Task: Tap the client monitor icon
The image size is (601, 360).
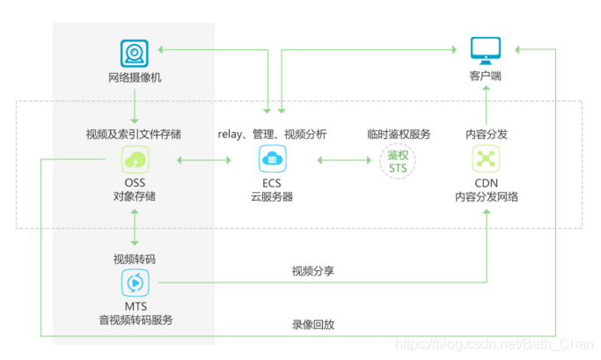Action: (x=485, y=50)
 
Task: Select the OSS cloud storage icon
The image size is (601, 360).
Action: (x=135, y=159)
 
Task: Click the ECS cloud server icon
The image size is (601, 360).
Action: (x=272, y=159)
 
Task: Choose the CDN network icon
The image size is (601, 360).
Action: (x=486, y=159)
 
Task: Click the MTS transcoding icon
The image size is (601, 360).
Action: (x=135, y=283)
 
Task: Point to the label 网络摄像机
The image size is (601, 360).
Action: (x=135, y=77)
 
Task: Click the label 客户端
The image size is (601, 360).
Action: (x=485, y=77)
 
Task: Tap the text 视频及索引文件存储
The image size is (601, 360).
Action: (x=135, y=135)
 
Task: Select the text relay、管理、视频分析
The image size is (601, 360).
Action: (x=272, y=135)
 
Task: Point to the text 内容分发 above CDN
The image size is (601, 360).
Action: (x=486, y=135)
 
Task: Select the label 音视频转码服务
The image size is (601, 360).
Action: (x=136, y=320)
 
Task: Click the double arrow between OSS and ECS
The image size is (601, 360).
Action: (x=203, y=160)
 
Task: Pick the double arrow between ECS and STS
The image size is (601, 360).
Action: (x=344, y=160)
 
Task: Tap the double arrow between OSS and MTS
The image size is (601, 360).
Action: (x=135, y=226)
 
